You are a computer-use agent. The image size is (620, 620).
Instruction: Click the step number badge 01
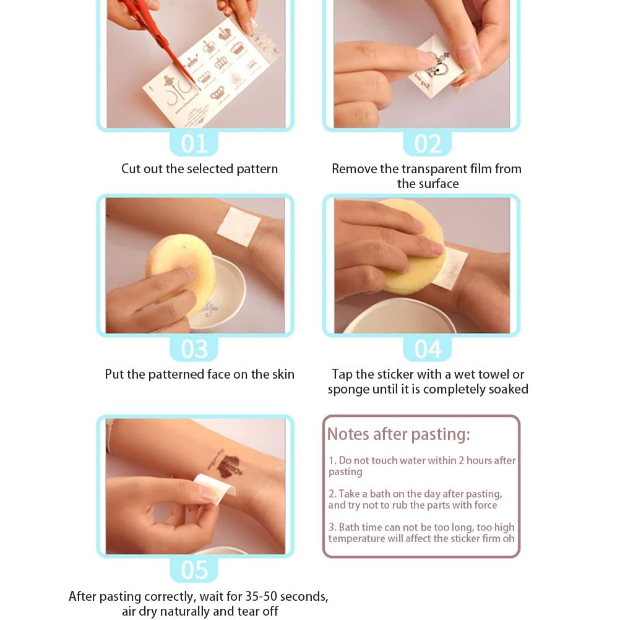tap(194, 143)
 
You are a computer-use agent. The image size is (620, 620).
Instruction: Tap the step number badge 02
tap(428, 143)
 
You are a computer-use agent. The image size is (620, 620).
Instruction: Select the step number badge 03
tap(194, 349)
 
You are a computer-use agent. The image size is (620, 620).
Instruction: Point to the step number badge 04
tap(428, 349)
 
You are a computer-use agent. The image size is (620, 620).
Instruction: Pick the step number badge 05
tap(194, 569)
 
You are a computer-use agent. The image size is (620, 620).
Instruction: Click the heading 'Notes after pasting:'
tap(398, 434)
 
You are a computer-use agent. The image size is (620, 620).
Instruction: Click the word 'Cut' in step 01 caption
tap(131, 169)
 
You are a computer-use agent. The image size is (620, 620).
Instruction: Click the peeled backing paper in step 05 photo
tap(215, 489)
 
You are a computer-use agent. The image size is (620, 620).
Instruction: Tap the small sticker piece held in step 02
tap(435, 67)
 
